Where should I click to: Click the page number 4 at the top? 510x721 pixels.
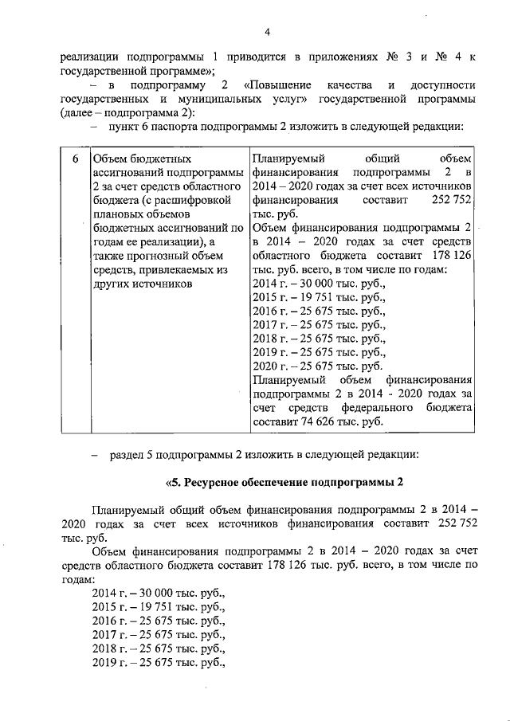coord(268,32)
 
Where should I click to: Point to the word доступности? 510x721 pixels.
coord(442,84)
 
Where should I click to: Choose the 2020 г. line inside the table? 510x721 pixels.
coord(316,366)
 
